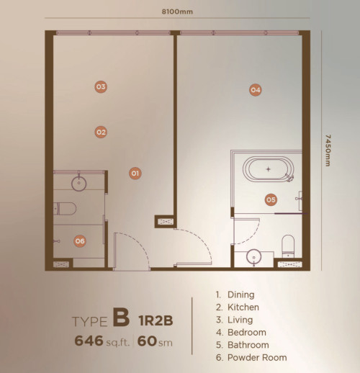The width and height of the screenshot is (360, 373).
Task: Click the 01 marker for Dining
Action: coord(135,173)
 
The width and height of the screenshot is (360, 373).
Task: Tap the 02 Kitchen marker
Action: coord(101,132)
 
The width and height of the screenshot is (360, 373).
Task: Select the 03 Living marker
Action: coord(101,86)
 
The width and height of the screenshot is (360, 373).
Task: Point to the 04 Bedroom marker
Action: coord(255,90)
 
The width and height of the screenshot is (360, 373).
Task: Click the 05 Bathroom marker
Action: coord(271,199)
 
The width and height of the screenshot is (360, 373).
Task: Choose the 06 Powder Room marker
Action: coord(80,241)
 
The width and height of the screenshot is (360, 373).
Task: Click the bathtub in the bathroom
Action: coord(269,169)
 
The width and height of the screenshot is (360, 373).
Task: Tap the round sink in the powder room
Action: coord(79,184)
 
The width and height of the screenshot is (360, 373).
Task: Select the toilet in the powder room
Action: coord(65,209)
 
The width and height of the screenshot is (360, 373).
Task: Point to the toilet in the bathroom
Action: coord(288,246)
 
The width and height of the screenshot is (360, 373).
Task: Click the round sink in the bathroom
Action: coord(254,257)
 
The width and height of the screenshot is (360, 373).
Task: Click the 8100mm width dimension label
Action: coord(177,12)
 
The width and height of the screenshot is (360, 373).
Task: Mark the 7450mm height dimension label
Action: coord(328,150)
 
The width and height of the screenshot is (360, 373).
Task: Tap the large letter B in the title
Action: coord(121,318)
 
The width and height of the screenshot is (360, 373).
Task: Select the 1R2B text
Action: coord(156,320)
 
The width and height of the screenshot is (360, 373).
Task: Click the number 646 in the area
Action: coord(89,341)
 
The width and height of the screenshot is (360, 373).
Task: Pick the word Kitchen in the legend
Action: coord(243,307)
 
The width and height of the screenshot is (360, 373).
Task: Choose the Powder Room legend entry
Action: coord(251,357)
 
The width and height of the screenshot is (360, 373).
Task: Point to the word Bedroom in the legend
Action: coord(247,333)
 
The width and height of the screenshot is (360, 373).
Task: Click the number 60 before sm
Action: coord(147,341)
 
